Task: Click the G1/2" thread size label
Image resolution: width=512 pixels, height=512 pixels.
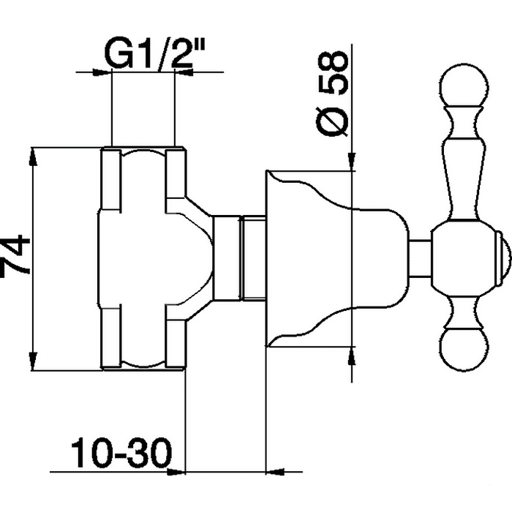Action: coord(155,54)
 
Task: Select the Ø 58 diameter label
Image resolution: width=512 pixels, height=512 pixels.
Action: coord(331,93)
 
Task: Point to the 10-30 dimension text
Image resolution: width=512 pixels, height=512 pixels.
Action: coord(121,453)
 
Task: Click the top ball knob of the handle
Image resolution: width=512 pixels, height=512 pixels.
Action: coord(464,86)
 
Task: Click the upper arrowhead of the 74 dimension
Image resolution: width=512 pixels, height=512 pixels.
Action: coord(32,157)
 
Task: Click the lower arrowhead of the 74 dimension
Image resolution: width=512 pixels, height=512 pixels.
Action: coord(32,361)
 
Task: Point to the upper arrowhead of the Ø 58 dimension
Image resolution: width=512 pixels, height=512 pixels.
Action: coord(351,162)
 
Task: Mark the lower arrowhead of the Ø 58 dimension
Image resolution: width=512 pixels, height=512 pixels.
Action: coord(351,355)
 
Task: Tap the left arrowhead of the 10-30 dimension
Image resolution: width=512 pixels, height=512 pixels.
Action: coord(176,472)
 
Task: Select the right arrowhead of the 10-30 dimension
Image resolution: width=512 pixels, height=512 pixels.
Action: coord(275,472)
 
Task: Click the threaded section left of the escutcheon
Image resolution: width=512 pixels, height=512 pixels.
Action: coord(253,257)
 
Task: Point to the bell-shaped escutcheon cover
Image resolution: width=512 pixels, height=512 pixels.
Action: coord(337,258)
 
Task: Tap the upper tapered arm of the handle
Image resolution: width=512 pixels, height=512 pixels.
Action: coord(464,163)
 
